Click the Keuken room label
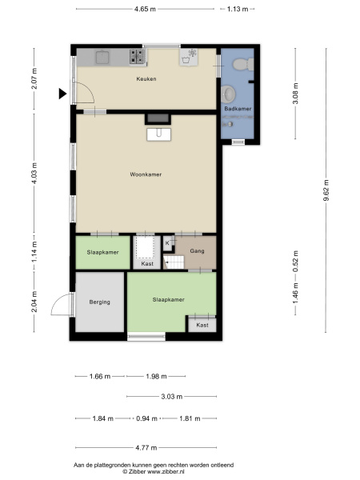tap(146, 79)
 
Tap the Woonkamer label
tap(146, 174)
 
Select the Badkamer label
tap(238, 109)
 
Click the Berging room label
tap(99, 302)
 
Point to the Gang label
tap(197, 251)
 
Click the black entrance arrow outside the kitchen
tap(62, 94)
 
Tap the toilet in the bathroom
tap(243, 65)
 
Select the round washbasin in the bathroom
tap(228, 94)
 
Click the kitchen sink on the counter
tap(102, 58)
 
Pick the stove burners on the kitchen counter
tap(137, 57)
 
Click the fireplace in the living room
tap(158, 118)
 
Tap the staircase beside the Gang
tap(174, 262)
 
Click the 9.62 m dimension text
tap(326, 190)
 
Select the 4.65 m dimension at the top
tap(145, 9)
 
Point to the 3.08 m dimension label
tap(295, 94)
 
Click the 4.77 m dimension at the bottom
tap(146, 448)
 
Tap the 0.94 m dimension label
tap(146, 418)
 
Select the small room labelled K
tap(167, 243)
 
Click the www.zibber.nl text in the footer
tap(166, 472)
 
